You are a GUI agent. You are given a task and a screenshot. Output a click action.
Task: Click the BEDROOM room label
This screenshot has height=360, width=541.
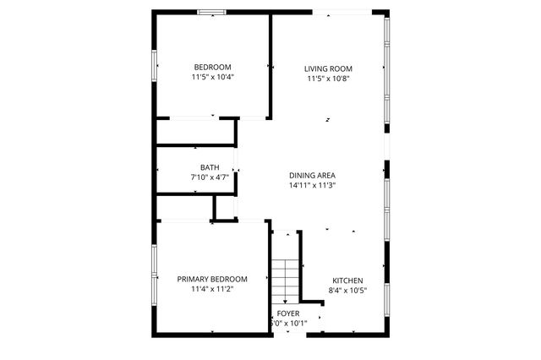pos(212,67)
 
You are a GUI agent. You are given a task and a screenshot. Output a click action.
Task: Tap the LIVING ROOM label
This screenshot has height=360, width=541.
pos(329,68)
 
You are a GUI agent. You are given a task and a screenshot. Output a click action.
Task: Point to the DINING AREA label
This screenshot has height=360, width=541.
pos(313,175)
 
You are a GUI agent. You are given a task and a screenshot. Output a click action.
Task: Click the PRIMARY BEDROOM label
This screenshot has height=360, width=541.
pos(211,279)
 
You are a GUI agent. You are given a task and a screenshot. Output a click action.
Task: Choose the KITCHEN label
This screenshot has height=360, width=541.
pos(347,281)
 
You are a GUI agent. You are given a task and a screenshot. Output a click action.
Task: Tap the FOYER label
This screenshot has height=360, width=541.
pos(288,313)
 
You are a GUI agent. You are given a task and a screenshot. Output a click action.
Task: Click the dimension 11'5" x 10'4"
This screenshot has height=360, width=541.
pos(212,77)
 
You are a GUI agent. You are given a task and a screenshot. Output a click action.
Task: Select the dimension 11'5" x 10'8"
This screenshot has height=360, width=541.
pos(329,79)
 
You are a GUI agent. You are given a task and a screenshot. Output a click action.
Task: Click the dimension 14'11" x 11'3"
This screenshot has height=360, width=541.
pos(313,185)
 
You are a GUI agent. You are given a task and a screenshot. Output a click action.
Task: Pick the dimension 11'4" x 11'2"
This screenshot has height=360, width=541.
pos(211,289)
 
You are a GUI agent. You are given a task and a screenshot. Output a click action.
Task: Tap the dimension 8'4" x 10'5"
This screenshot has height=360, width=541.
pos(347,291)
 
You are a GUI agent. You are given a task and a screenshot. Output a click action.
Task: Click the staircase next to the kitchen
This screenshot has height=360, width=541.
pos(286,279)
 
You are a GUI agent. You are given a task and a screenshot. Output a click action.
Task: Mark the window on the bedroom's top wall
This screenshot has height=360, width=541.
pos(211,12)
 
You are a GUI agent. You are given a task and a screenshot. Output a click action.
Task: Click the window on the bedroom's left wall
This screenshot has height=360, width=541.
pos(154,65)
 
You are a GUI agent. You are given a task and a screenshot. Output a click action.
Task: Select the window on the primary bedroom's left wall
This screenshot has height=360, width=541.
pos(154,275)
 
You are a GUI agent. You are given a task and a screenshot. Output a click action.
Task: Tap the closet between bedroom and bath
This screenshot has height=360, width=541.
pos(194,132)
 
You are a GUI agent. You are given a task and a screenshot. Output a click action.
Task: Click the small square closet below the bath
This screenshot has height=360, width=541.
pos(225,208)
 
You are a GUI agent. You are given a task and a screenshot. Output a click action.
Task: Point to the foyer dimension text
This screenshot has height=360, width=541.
pos(288,323)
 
